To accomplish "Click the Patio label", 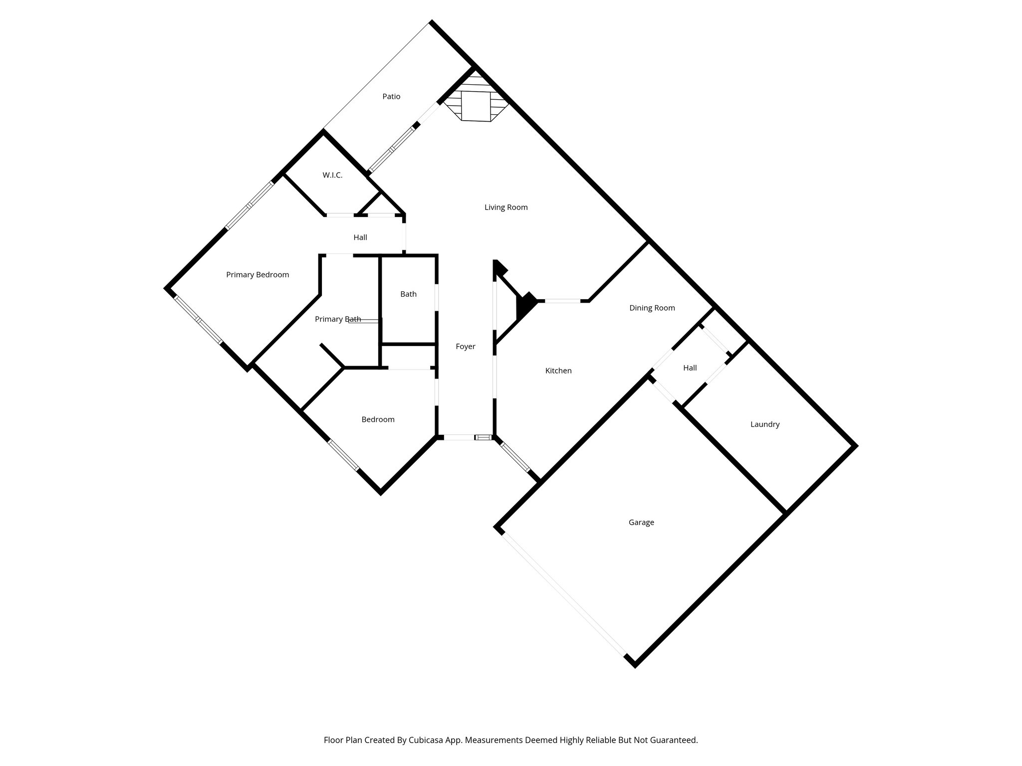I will (391, 97).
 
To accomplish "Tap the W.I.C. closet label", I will (332, 176).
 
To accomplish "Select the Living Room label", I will (506, 207).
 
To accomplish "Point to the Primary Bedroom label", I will (257, 275).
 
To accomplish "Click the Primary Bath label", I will (338, 319).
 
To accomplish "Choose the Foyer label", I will (466, 347).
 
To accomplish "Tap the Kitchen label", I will (558, 371).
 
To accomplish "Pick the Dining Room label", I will (652, 308).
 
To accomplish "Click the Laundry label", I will (765, 424).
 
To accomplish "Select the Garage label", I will (641, 523).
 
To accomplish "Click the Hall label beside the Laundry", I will (690, 368).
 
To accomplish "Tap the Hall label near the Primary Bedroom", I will (360, 237).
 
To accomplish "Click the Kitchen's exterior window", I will (515, 457).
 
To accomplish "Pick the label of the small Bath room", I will (408, 294).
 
